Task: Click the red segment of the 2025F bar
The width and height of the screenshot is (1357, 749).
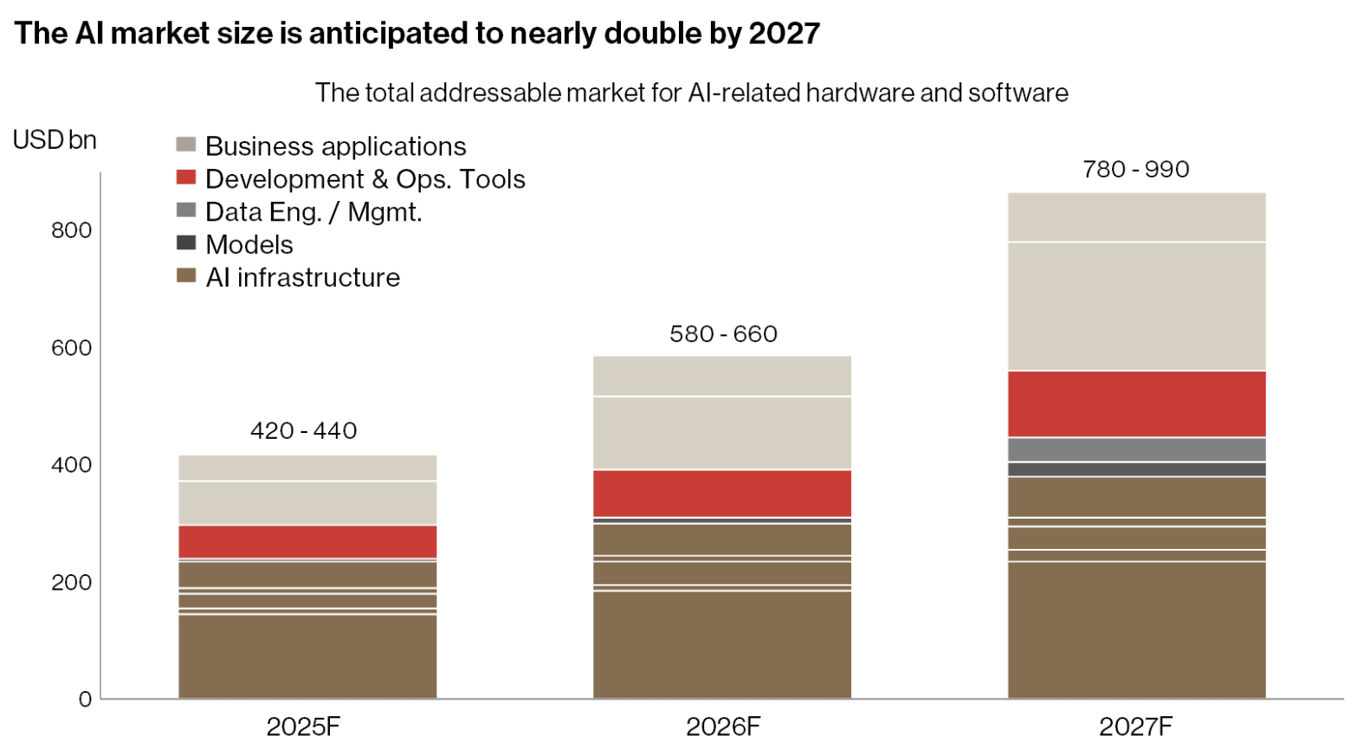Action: click(307, 541)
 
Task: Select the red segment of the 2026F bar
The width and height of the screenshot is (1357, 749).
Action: click(722, 494)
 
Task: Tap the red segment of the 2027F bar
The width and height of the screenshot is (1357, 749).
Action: click(1136, 404)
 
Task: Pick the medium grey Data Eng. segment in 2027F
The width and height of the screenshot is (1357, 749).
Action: click(1136, 449)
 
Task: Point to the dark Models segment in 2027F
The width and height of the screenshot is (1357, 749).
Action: click(1136, 469)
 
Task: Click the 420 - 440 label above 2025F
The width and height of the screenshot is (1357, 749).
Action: click(304, 430)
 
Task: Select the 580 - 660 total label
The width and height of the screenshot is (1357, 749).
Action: click(723, 334)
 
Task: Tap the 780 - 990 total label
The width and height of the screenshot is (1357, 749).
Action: click(1136, 169)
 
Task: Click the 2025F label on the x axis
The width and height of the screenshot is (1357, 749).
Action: click(304, 726)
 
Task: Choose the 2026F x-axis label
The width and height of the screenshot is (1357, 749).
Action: click(723, 726)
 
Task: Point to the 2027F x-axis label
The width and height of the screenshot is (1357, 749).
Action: click(1136, 726)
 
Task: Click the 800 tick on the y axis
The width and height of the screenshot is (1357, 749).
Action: click(71, 230)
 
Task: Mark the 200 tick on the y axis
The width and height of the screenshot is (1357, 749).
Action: click(71, 582)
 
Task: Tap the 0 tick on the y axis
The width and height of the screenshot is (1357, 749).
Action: click(85, 699)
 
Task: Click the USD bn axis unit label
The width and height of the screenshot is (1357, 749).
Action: click(55, 140)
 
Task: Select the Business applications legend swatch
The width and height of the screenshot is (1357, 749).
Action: click(186, 145)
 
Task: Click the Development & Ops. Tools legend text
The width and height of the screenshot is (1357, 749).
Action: click(365, 179)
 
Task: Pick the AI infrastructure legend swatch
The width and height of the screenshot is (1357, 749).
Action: click(186, 276)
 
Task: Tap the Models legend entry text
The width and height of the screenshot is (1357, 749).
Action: click(249, 245)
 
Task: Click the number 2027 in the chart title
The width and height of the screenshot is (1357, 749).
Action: click(784, 34)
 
